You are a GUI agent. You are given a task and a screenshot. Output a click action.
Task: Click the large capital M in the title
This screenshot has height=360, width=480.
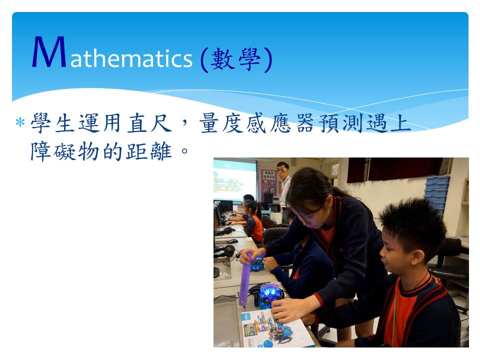point(49,51)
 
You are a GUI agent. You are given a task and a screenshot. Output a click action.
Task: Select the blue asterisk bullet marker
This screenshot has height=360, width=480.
point(20,122)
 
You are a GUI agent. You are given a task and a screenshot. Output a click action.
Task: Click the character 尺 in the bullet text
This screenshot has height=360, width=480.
point(161,123)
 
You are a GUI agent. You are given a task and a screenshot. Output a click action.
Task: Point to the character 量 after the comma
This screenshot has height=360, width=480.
point(209,123)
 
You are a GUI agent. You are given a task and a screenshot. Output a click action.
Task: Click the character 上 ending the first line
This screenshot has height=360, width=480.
point(401,123)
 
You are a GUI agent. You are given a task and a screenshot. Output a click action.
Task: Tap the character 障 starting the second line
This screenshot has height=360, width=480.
point(40,151)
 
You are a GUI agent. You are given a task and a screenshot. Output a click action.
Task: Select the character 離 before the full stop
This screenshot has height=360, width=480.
point(161,151)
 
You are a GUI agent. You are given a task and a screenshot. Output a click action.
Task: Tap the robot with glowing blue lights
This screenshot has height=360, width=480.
point(270,294)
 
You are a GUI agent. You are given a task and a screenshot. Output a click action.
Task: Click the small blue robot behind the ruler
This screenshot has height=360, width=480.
point(257,264)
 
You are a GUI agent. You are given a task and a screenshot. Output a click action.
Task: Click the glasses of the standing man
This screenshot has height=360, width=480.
point(282,169)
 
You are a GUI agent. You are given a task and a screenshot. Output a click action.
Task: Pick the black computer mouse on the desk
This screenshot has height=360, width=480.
point(232,241)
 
